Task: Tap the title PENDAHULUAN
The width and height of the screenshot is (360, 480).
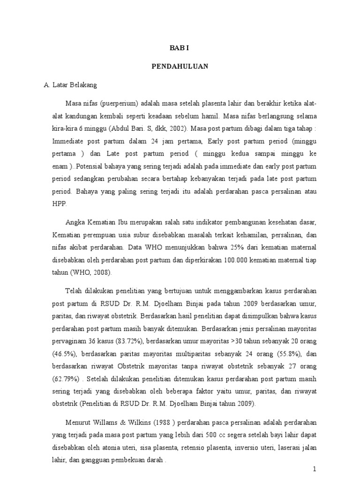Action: pos(180,67)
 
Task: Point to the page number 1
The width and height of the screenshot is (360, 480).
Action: pos(315,469)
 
